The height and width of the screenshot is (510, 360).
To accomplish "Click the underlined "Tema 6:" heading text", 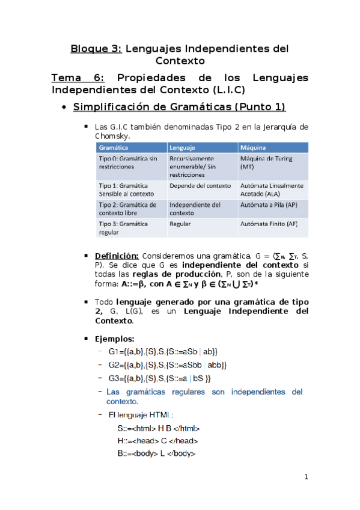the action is coord(78,78).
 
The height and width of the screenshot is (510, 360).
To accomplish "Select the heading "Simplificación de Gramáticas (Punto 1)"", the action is coord(179,107).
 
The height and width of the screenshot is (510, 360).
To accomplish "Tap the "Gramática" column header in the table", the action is coord(115,147).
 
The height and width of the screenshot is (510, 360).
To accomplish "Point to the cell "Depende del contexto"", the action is coord(200,186).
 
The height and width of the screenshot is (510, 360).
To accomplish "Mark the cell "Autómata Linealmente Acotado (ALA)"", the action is coord(272,189).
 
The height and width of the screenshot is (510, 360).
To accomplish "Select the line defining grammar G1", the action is coord(162,351).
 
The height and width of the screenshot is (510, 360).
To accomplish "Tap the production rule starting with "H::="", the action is coord(158,441).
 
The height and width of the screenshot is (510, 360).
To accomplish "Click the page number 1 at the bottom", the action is coord(306,478).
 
